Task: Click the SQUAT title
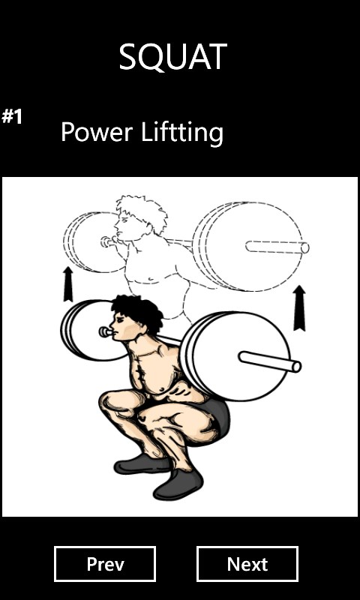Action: tap(173, 57)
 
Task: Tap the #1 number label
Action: tap(12, 116)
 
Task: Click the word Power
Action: tap(97, 132)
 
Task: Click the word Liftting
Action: tap(182, 133)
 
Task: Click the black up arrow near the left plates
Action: tap(68, 284)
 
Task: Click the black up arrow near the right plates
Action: tap(299, 308)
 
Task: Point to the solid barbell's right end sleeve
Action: tap(270, 361)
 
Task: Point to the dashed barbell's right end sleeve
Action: tap(277, 247)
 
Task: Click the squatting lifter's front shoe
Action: tap(178, 483)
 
